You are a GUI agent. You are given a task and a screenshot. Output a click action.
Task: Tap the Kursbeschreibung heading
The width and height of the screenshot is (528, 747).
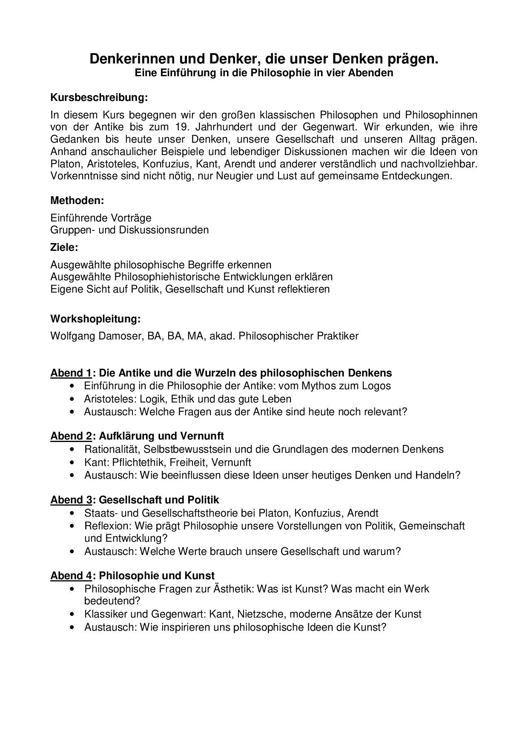[99, 98]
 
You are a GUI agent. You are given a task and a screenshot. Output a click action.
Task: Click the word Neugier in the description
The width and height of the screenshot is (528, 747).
[234, 176]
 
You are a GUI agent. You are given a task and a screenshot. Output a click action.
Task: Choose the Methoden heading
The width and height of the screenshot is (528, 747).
[77, 200]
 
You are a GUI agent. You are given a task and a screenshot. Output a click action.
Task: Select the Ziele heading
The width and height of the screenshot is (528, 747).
[64, 247]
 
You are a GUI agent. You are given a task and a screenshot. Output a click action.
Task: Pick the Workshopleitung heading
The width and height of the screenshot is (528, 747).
[95, 319]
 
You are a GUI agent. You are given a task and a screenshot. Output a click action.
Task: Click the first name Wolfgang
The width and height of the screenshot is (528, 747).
[73, 336]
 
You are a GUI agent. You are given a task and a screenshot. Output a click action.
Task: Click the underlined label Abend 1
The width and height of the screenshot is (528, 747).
[71, 373]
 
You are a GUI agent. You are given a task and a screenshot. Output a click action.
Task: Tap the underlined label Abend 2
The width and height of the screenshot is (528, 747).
[71, 436]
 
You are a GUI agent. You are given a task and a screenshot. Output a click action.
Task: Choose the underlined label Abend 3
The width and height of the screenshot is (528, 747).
[71, 500]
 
